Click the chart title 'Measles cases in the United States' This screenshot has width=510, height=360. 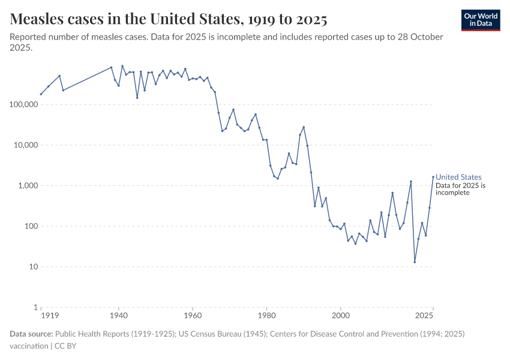point(169,19)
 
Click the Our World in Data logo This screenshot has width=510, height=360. point(480,20)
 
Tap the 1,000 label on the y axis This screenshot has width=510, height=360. point(26,186)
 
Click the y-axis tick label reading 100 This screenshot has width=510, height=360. point(31,227)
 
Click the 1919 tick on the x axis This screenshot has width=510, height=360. point(49,315)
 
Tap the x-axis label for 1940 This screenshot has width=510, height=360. point(118,315)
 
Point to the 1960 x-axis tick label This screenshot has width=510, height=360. point(193,315)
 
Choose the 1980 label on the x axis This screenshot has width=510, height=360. point(266,315)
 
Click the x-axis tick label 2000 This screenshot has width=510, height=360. point(341,315)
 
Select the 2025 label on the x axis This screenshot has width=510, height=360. point(424,315)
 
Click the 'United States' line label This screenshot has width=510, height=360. point(458,177)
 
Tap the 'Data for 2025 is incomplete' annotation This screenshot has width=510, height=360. point(460,190)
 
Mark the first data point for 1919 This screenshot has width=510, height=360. point(41,94)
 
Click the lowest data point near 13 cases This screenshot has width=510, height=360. point(415,262)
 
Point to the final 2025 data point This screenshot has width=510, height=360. point(433,176)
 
